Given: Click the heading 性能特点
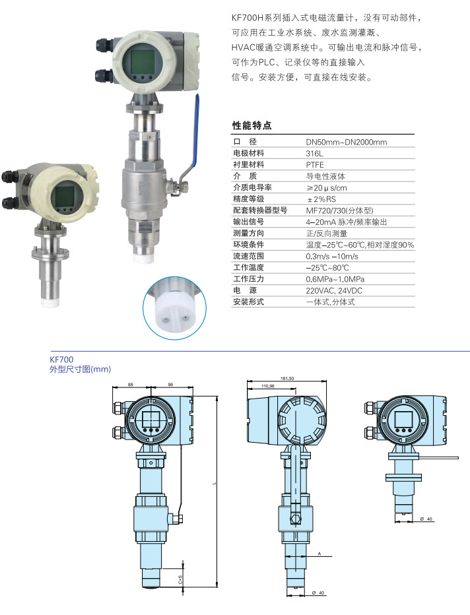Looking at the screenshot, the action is pos(252,125).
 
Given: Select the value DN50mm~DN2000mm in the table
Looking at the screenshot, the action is pos(347,142).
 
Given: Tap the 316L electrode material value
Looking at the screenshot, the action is pos(315,153).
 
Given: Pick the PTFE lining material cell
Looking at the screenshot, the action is pos(315,165).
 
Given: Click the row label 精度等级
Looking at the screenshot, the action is pos(249,199).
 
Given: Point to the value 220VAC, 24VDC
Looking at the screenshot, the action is pos(334,290).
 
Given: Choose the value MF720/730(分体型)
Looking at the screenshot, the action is pos(340,210).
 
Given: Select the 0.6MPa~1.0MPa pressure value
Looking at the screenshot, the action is pos(335,279).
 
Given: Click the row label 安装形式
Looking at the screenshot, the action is pos(249,302).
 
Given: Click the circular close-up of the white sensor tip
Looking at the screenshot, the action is pos(174,307).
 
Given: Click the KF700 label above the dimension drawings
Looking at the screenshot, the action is pos(61,359).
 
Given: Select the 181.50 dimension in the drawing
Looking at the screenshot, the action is pos(287,379).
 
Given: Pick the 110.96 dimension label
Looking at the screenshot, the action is pos(268,386).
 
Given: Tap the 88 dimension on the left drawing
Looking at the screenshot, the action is pos(131,385).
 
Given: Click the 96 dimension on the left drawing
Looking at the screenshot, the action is pos(171,385).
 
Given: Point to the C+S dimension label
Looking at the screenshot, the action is pos(180,579).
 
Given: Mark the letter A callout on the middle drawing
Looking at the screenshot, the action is pos(319,554).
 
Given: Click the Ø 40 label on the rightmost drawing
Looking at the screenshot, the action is pos(426,519).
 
